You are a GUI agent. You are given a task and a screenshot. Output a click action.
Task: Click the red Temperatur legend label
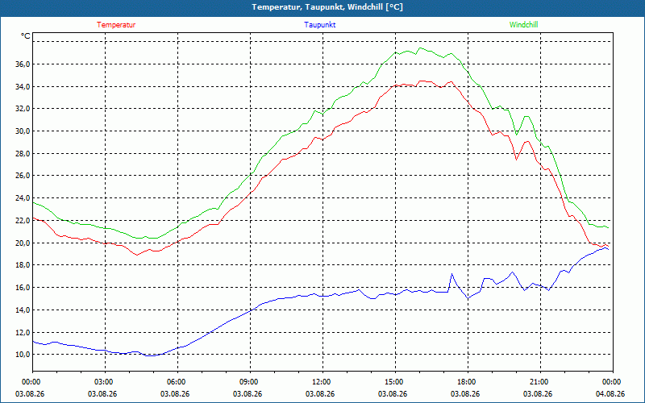[x=116, y=25]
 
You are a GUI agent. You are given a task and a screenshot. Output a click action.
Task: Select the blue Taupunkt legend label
[x=319, y=25]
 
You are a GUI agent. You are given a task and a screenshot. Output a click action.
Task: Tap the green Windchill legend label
[x=523, y=25]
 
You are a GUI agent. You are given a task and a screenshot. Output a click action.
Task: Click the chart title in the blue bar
[x=327, y=7]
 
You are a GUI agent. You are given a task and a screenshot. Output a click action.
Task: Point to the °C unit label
[x=26, y=36]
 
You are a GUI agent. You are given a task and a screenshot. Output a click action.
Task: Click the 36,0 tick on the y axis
[x=23, y=64]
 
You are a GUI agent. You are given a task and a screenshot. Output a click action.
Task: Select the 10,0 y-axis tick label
[x=23, y=355]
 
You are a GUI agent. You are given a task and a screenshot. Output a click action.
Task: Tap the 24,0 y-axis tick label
[x=23, y=198]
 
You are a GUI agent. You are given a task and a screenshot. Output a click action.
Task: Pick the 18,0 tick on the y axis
[x=23, y=265]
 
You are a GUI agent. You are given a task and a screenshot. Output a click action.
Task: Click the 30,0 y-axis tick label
[x=23, y=131]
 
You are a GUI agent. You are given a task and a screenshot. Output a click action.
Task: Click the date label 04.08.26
[x=610, y=393]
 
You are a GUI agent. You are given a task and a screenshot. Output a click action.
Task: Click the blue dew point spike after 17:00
[x=451, y=274]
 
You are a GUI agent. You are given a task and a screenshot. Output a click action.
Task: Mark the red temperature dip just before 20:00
[x=517, y=160]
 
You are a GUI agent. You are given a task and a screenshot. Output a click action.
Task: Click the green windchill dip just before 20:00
[x=517, y=135]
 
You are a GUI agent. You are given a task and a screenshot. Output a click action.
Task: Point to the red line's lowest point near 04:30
[x=137, y=255]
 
